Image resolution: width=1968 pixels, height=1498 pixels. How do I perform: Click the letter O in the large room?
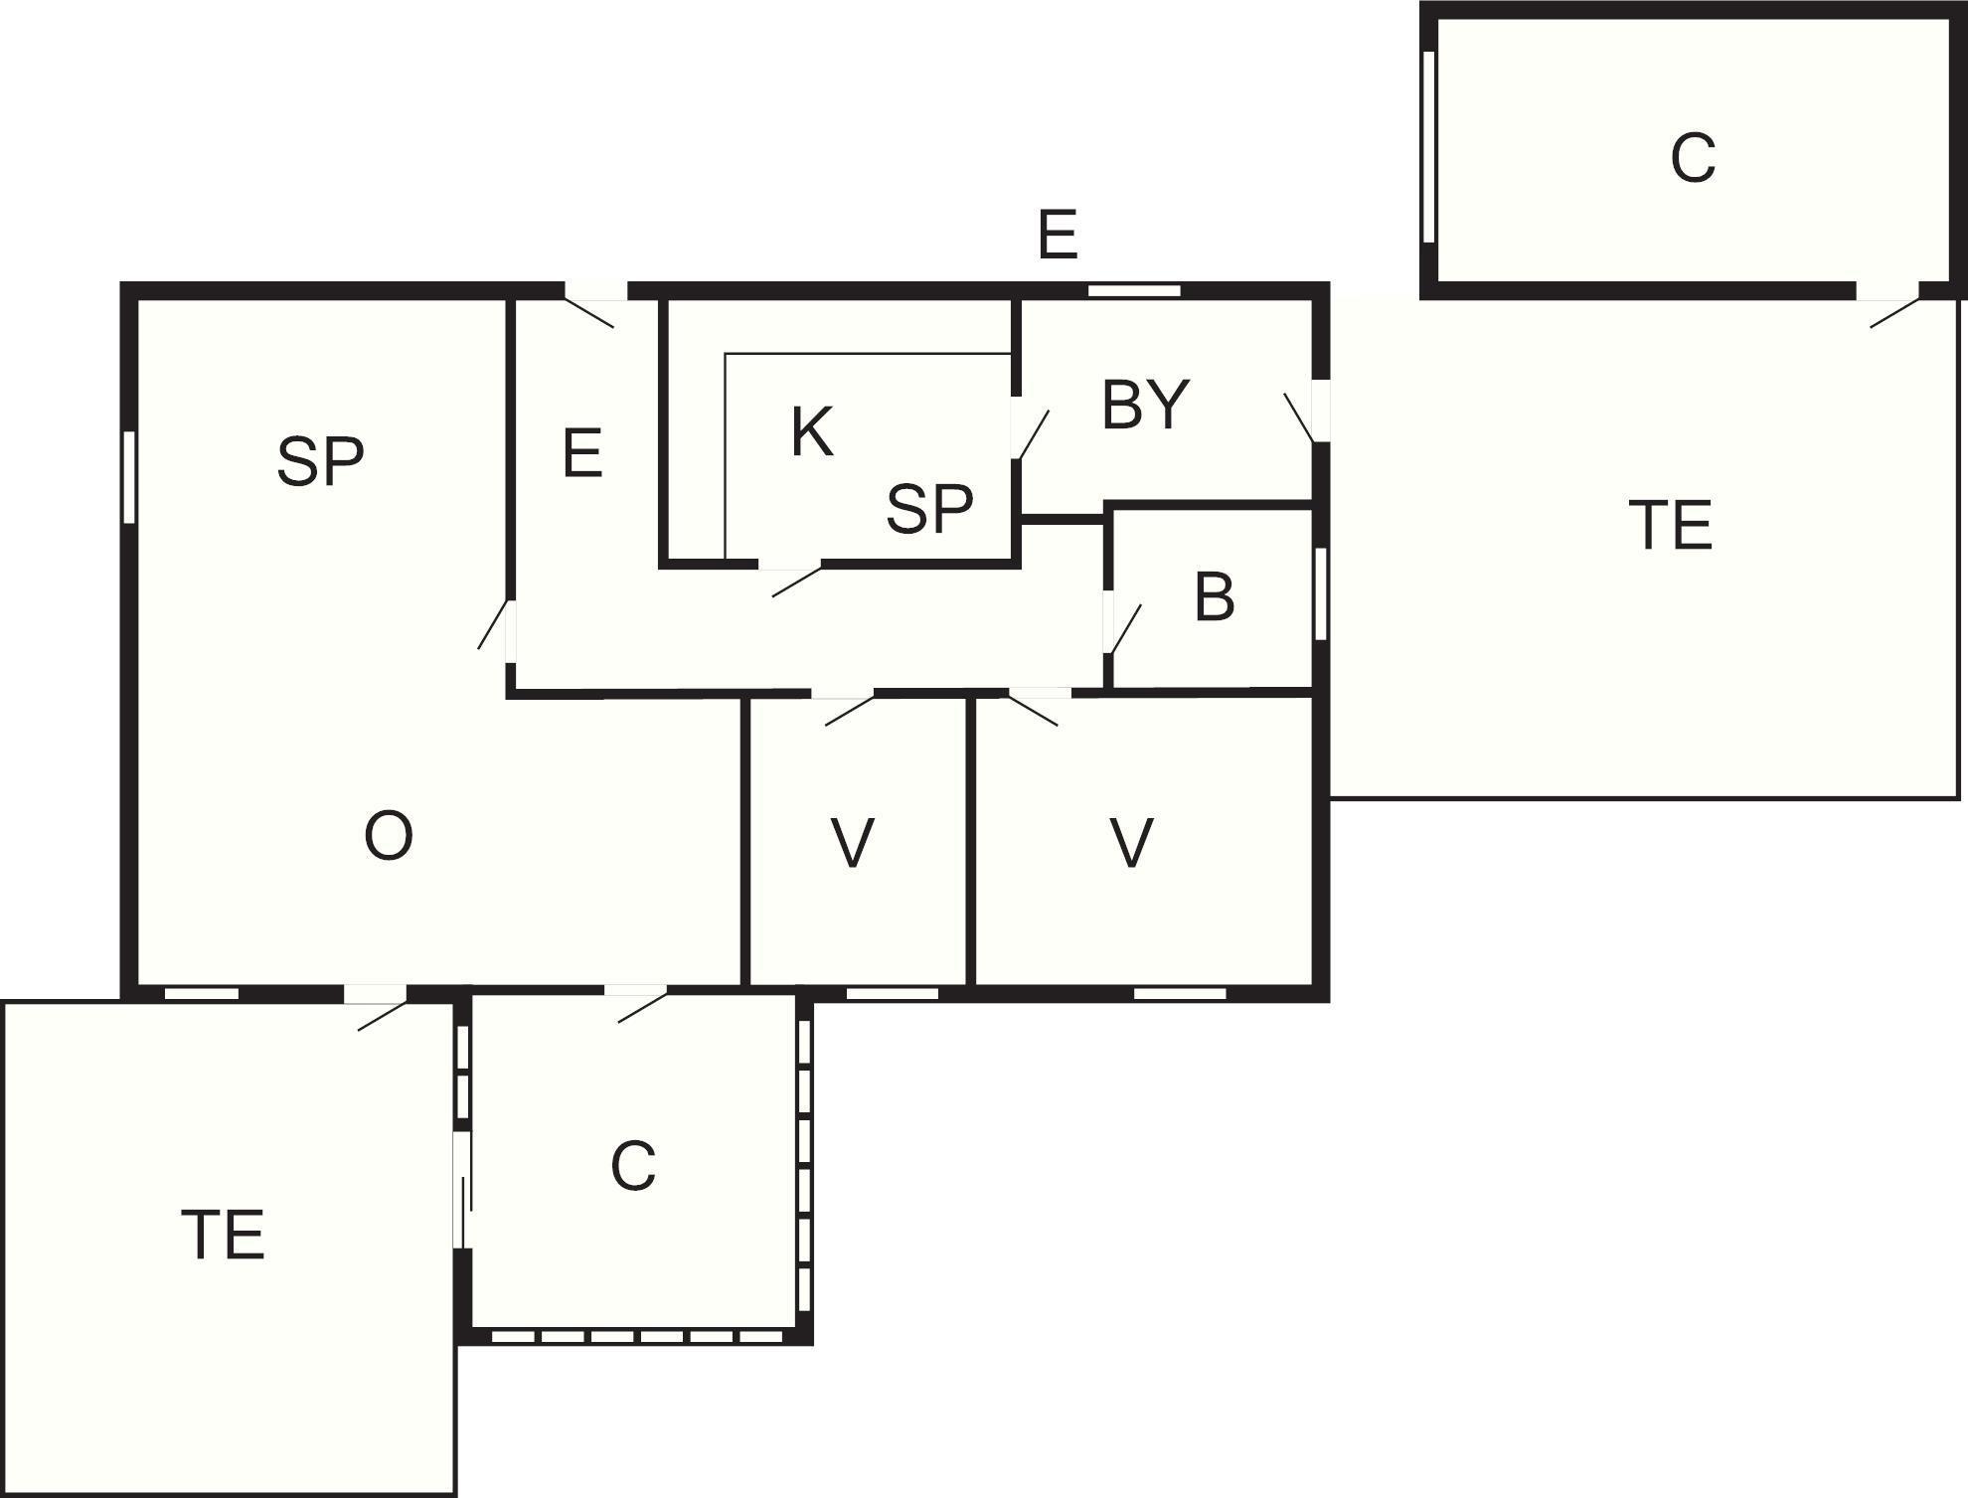pyautogui.click(x=389, y=836)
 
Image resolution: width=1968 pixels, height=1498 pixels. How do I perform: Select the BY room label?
pyautogui.click(x=1145, y=405)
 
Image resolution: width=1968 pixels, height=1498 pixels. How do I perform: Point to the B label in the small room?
pyautogui.click(x=1215, y=597)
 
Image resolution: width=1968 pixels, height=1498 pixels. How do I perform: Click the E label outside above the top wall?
pyautogui.click(x=1058, y=236)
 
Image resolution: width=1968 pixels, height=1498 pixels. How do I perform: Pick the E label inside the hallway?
pyautogui.click(x=582, y=453)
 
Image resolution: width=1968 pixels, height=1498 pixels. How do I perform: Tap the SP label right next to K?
pyautogui.click(x=929, y=508)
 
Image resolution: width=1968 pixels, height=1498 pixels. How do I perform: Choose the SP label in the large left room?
pyautogui.click(x=320, y=461)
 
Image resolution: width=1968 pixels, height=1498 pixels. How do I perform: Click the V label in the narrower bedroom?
pyautogui.click(x=853, y=843)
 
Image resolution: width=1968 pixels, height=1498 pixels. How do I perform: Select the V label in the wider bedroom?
pyautogui.click(x=1131, y=843)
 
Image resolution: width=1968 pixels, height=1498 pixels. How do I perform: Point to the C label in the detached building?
pyautogui.click(x=1693, y=157)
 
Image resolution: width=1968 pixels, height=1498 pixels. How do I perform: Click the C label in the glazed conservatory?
pyautogui.click(x=633, y=1166)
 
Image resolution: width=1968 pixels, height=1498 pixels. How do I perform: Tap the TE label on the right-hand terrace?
pyautogui.click(x=1671, y=526)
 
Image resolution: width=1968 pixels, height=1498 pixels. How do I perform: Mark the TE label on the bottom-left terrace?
pyautogui.click(x=223, y=1236)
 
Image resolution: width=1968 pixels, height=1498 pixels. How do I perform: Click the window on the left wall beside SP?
pyautogui.click(x=129, y=477)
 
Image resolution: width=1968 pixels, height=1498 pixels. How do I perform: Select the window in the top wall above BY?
pyautogui.click(x=1134, y=291)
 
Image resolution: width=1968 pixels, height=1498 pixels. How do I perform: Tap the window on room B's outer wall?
pyautogui.click(x=1321, y=594)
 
